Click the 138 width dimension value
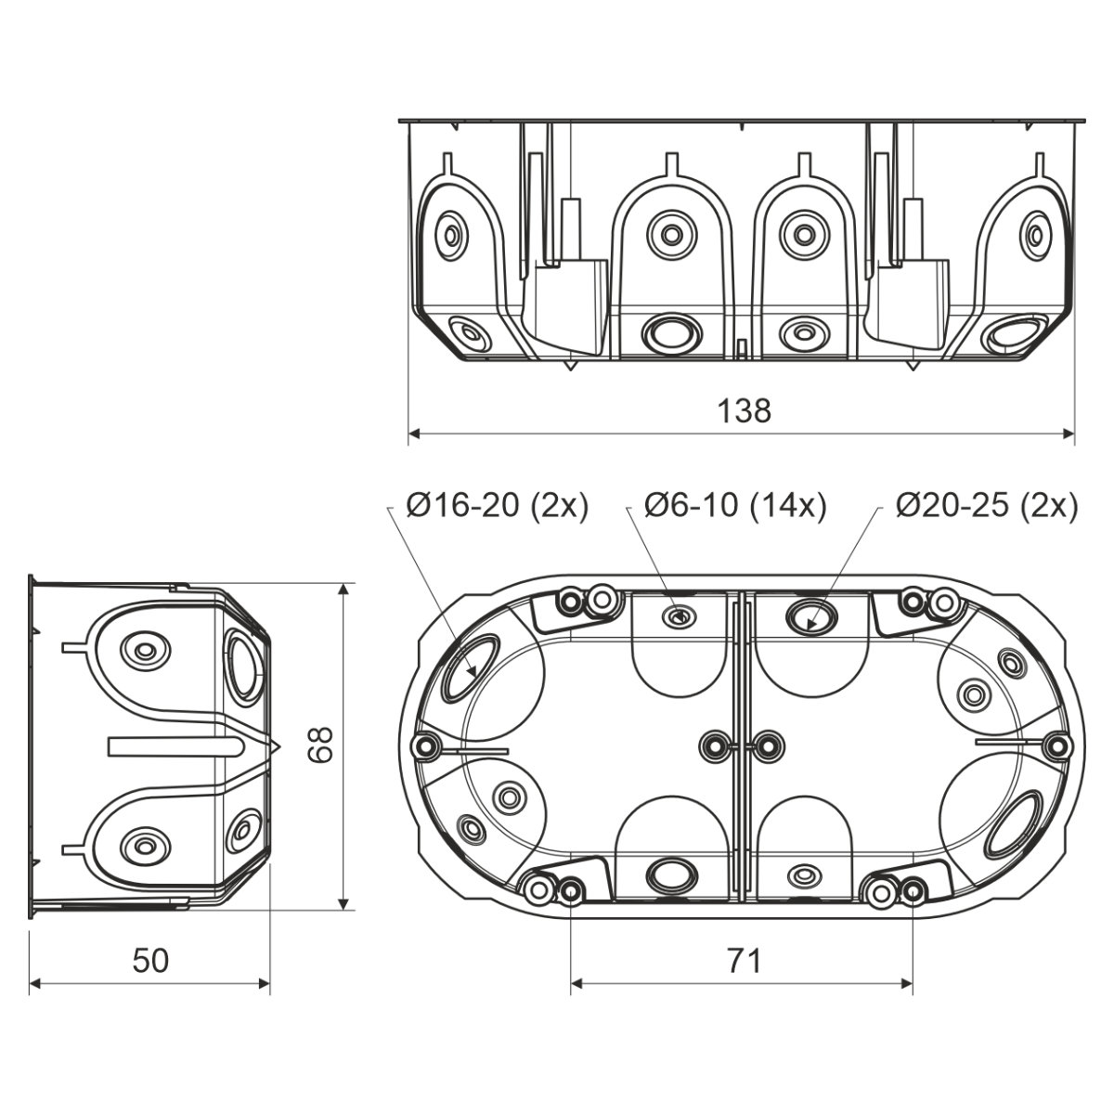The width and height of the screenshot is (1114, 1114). coord(744,411)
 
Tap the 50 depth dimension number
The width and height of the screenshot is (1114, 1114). coord(150,960)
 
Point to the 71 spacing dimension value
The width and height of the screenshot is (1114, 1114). coord(744,961)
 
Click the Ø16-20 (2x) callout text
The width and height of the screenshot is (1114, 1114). coord(497,506)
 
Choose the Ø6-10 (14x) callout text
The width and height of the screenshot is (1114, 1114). coord(735,506)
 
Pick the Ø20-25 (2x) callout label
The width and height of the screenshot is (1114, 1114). coord(987,506)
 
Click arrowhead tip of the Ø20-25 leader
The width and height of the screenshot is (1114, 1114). coord(809,629)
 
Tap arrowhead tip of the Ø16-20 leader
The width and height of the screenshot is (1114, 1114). coord(475,677)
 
